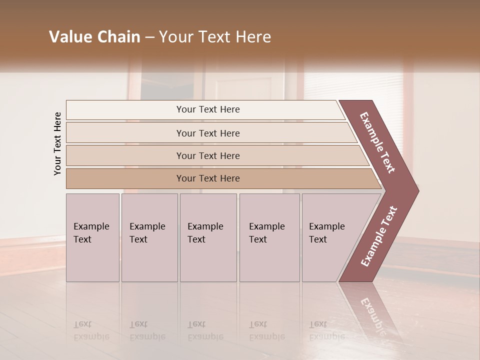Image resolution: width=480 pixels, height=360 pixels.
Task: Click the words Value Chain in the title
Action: pyautogui.click(x=94, y=37)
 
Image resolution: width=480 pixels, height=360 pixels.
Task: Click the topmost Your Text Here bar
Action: pyautogui.click(x=208, y=109)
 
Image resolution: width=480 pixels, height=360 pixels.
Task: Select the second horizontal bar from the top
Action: pyautogui.click(x=208, y=133)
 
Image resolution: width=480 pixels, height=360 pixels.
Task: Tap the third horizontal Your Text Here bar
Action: pyautogui.click(x=208, y=155)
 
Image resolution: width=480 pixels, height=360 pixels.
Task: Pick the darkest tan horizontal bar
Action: pyautogui.click(x=208, y=178)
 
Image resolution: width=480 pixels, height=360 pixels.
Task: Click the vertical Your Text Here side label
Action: pyautogui.click(x=58, y=143)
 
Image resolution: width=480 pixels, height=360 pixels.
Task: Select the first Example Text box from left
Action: pyautogui.click(x=92, y=237)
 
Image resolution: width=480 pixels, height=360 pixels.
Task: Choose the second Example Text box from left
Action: pyautogui.click(x=149, y=237)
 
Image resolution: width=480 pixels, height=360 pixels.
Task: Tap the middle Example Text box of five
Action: pyautogui.click(x=208, y=237)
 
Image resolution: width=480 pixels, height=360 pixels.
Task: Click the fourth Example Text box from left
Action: pyautogui.click(x=269, y=237)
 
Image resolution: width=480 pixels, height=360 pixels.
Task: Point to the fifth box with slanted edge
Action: pyautogui.click(x=330, y=237)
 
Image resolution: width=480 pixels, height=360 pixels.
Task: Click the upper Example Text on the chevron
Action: pyautogui.click(x=378, y=142)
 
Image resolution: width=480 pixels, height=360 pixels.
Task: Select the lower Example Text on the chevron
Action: pyautogui.click(x=379, y=236)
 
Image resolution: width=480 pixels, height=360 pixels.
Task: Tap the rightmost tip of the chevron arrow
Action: pyautogui.click(x=417, y=190)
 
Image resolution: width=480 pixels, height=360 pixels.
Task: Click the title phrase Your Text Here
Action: pyautogui.click(x=215, y=37)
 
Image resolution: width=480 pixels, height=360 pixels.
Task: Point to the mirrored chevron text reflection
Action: pyautogui.click(x=372, y=315)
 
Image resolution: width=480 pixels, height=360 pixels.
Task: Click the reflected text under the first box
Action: pyautogui.click(x=91, y=330)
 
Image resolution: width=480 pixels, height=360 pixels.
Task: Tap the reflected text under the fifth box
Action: pyautogui.click(x=326, y=330)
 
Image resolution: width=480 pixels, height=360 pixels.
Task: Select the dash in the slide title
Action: pyautogui.click(x=149, y=37)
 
